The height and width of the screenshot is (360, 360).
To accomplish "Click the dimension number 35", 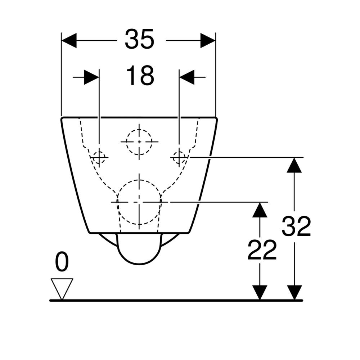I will [140, 39].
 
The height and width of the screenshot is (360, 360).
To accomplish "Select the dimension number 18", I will [140, 76].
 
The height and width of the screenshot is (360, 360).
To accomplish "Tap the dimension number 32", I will [296, 226].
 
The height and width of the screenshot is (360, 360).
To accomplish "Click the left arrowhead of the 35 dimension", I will [69, 40].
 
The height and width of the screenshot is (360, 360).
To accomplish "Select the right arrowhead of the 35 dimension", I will [208, 40].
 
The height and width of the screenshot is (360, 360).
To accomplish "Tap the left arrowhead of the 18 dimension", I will [91, 77].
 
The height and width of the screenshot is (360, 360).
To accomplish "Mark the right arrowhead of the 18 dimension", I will [186, 77].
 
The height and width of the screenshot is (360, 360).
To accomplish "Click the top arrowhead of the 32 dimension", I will [295, 166].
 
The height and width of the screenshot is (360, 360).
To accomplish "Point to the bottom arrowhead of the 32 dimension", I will [295, 292].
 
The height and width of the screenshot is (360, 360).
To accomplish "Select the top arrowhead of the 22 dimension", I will [260, 210].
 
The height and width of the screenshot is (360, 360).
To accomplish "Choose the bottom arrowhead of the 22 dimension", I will [260, 292].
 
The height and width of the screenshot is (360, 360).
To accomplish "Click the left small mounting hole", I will [99, 157].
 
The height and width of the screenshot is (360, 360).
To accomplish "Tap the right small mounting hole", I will [179, 157].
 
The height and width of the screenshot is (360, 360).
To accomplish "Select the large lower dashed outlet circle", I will [139, 202].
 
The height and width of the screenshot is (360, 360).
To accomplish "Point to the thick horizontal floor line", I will [176, 300].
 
